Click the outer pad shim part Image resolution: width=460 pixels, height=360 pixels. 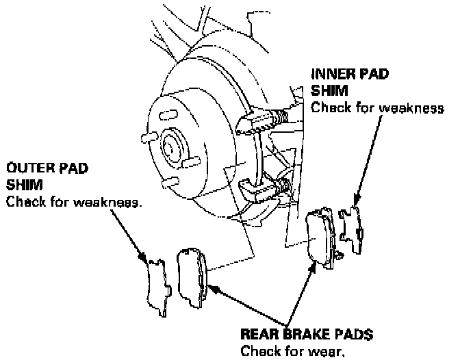[x=157, y=287]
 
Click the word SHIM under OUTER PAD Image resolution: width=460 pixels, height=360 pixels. [x=21, y=185]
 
